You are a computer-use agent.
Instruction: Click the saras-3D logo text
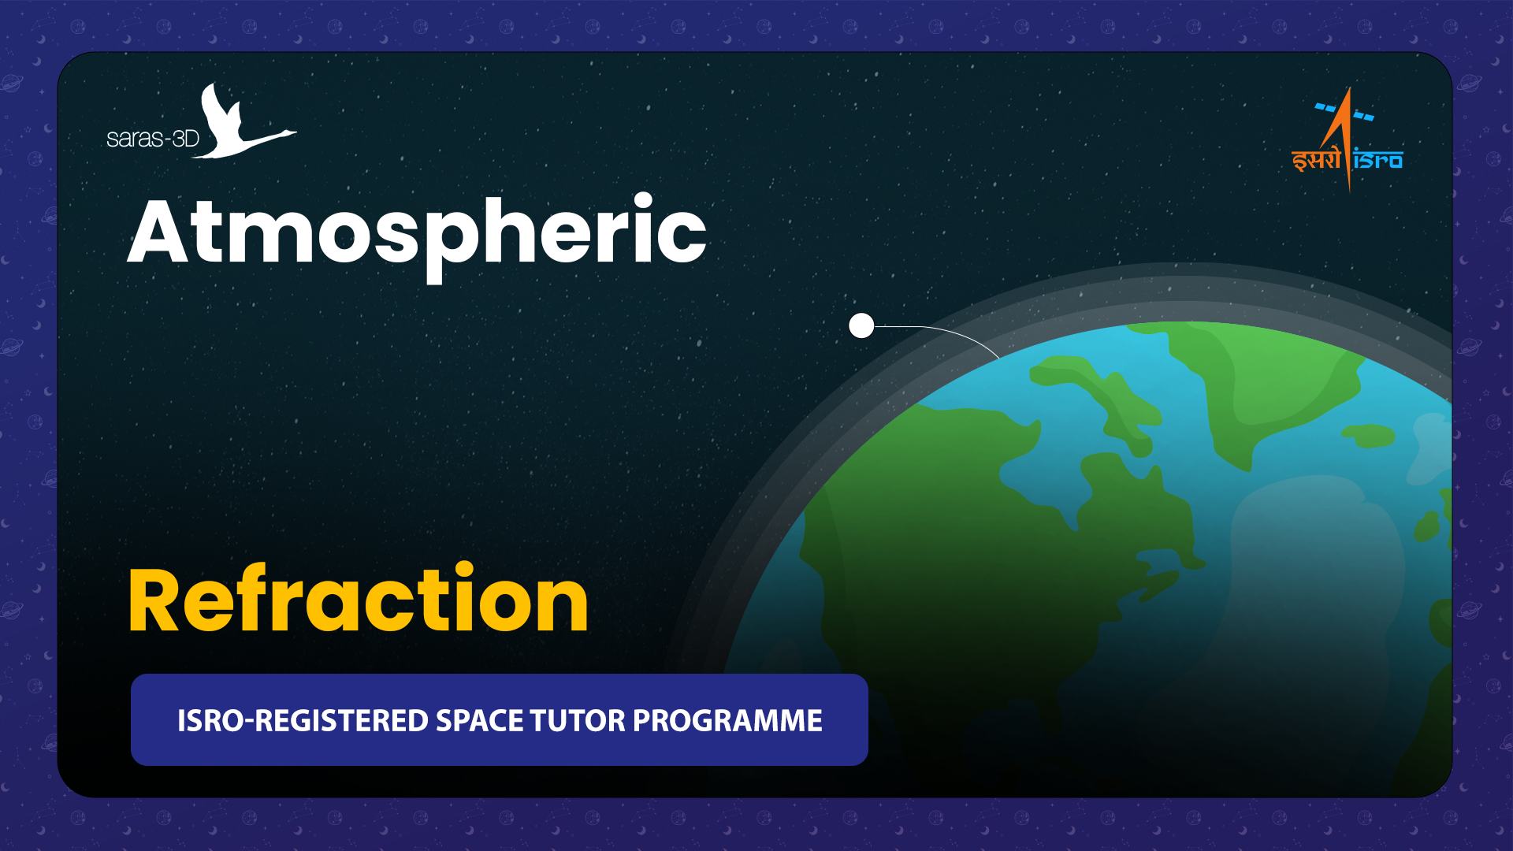click(153, 139)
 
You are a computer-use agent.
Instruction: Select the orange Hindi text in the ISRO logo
click(1316, 159)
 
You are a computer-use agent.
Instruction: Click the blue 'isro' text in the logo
click(1378, 160)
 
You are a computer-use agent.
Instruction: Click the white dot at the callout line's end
click(861, 325)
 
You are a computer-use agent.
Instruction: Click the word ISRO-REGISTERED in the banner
click(303, 721)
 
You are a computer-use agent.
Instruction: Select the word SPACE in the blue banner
click(479, 721)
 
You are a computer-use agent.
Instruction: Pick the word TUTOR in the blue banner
click(578, 721)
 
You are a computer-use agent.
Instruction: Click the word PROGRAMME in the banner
click(727, 721)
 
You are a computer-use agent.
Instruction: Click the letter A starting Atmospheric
click(158, 232)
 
